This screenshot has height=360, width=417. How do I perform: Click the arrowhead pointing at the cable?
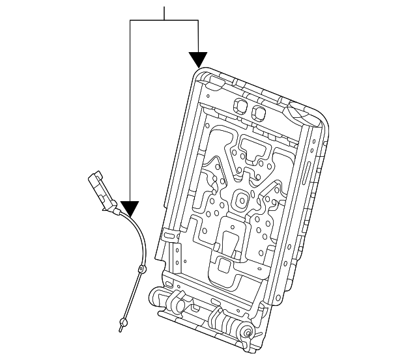click(130, 208)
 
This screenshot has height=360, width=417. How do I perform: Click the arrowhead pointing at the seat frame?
click(199, 60)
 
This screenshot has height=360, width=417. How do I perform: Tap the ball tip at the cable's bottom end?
click(122, 322)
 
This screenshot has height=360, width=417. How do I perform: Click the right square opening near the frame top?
click(259, 113)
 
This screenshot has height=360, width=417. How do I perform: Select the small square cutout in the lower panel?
click(223, 264)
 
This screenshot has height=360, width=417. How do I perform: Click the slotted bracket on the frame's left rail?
click(170, 235)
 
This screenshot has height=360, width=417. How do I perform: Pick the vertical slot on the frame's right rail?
click(306, 176)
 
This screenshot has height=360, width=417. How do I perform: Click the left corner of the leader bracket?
click(130, 21)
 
